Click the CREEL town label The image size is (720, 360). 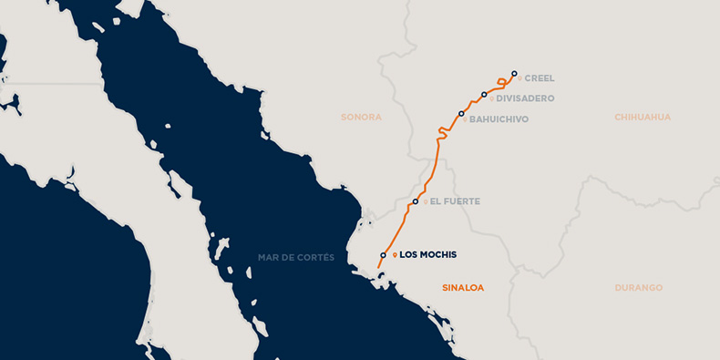[x=540, y=78]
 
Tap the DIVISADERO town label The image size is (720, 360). [x=525, y=98]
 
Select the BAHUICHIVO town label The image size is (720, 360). [x=499, y=119]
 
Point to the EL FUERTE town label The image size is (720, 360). [x=455, y=201]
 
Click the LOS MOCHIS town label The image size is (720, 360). [x=428, y=255]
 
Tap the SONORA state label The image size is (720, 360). [x=361, y=118]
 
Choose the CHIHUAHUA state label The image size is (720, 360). [x=643, y=118]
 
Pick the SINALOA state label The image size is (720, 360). [x=463, y=288]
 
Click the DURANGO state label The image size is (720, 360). [x=639, y=288]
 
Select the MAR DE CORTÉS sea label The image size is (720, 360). [x=296, y=258]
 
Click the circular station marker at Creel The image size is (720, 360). [x=514, y=73]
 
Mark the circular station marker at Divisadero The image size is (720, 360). [x=484, y=95]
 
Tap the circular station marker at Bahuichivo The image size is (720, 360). [x=462, y=114]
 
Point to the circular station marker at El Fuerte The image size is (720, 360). [x=416, y=201]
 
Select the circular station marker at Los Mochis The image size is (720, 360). [x=383, y=256]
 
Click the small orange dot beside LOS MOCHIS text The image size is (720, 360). [x=395, y=255]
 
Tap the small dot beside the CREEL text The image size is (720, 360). [x=519, y=78]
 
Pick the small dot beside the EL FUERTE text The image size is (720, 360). [x=425, y=201]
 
